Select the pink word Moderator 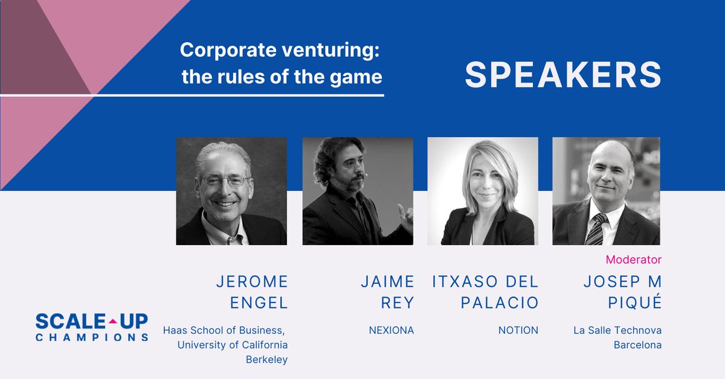point(633,260)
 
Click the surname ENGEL point(259,302)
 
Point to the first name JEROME point(252,281)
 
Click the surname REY point(397,302)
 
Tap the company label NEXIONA point(391,330)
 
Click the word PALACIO point(499,302)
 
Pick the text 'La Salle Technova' point(617,330)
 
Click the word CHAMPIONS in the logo point(92,337)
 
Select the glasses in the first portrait point(225,180)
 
